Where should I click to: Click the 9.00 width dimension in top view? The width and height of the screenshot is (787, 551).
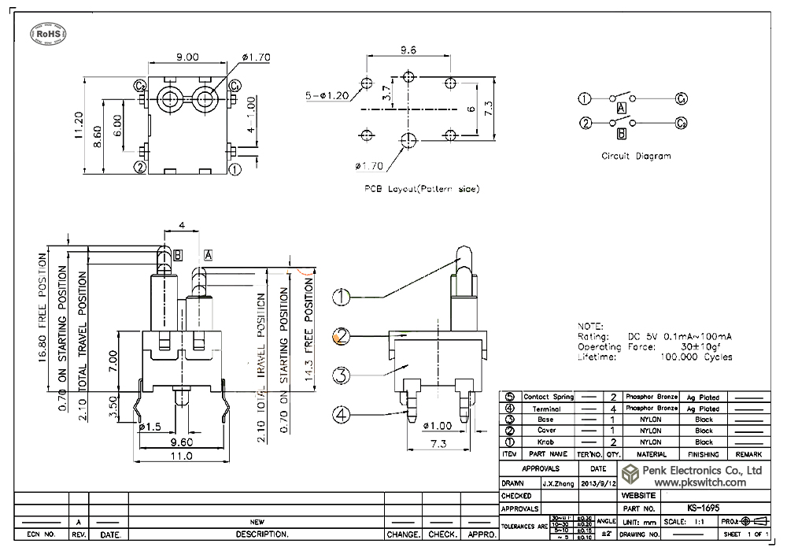click(187, 57)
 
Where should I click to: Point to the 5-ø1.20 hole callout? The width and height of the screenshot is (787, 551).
click(327, 95)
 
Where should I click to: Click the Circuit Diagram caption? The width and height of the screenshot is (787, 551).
click(636, 156)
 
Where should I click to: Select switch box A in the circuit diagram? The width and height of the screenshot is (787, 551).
click(621, 107)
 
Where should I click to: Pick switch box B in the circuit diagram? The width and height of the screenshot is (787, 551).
click(621, 133)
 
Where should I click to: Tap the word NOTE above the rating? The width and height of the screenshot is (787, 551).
click(590, 326)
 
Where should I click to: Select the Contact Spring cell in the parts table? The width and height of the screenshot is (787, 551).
click(547, 397)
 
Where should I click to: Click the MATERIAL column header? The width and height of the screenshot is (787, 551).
click(652, 454)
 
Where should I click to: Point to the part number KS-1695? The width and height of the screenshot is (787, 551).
click(696, 508)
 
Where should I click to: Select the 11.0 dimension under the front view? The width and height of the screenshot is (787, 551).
click(182, 456)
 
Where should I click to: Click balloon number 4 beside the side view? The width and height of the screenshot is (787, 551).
click(341, 412)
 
